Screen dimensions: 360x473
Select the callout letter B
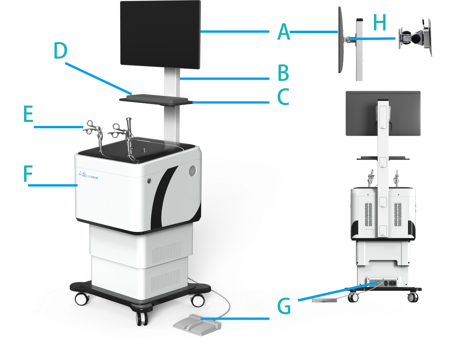(x=283, y=73)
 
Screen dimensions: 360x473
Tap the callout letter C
(x=283, y=97)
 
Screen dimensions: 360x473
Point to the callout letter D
(x=60, y=51)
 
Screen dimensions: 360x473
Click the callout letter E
(x=28, y=114)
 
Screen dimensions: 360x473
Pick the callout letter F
(x=28, y=175)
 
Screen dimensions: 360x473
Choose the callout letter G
(x=284, y=307)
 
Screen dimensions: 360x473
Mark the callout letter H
(x=379, y=23)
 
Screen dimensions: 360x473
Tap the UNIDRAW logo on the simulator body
(x=88, y=175)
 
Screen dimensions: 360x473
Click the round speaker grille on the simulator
(x=192, y=170)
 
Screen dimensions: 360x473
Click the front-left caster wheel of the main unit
(x=82, y=299)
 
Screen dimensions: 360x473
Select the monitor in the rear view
(x=383, y=113)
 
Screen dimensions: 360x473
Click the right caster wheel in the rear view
(x=412, y=297)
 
